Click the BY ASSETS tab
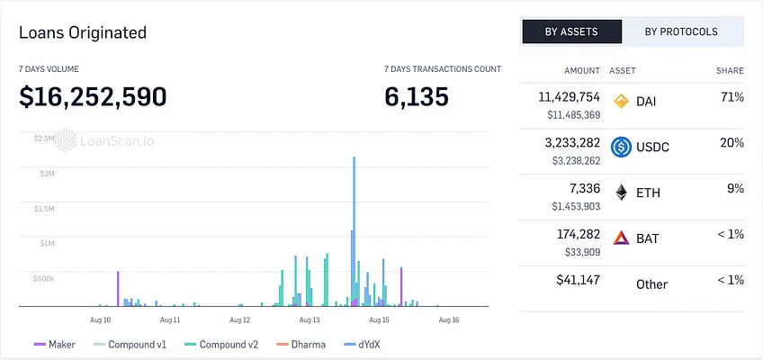tap(571, 31)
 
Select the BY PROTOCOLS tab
tap(681, 31)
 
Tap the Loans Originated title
tap(83, 32)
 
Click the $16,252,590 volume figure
tap(93, 96)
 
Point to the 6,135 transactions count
tap(417, 96)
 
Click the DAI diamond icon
tap(622, 101)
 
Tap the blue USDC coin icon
tap(622, 147)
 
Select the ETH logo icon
tap(622, 193)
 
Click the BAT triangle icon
tap(622, 238)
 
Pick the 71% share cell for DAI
tap(732, 97)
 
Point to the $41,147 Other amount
tap(578, 280)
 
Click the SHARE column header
tap(730, 70)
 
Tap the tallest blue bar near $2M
tap(355, 231)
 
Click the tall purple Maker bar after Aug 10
tap(118, 289)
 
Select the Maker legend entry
tap(55, 345)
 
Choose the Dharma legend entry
tap(301, 345)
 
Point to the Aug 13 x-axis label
tap(310, 320)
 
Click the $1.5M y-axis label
tap(44, 208)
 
